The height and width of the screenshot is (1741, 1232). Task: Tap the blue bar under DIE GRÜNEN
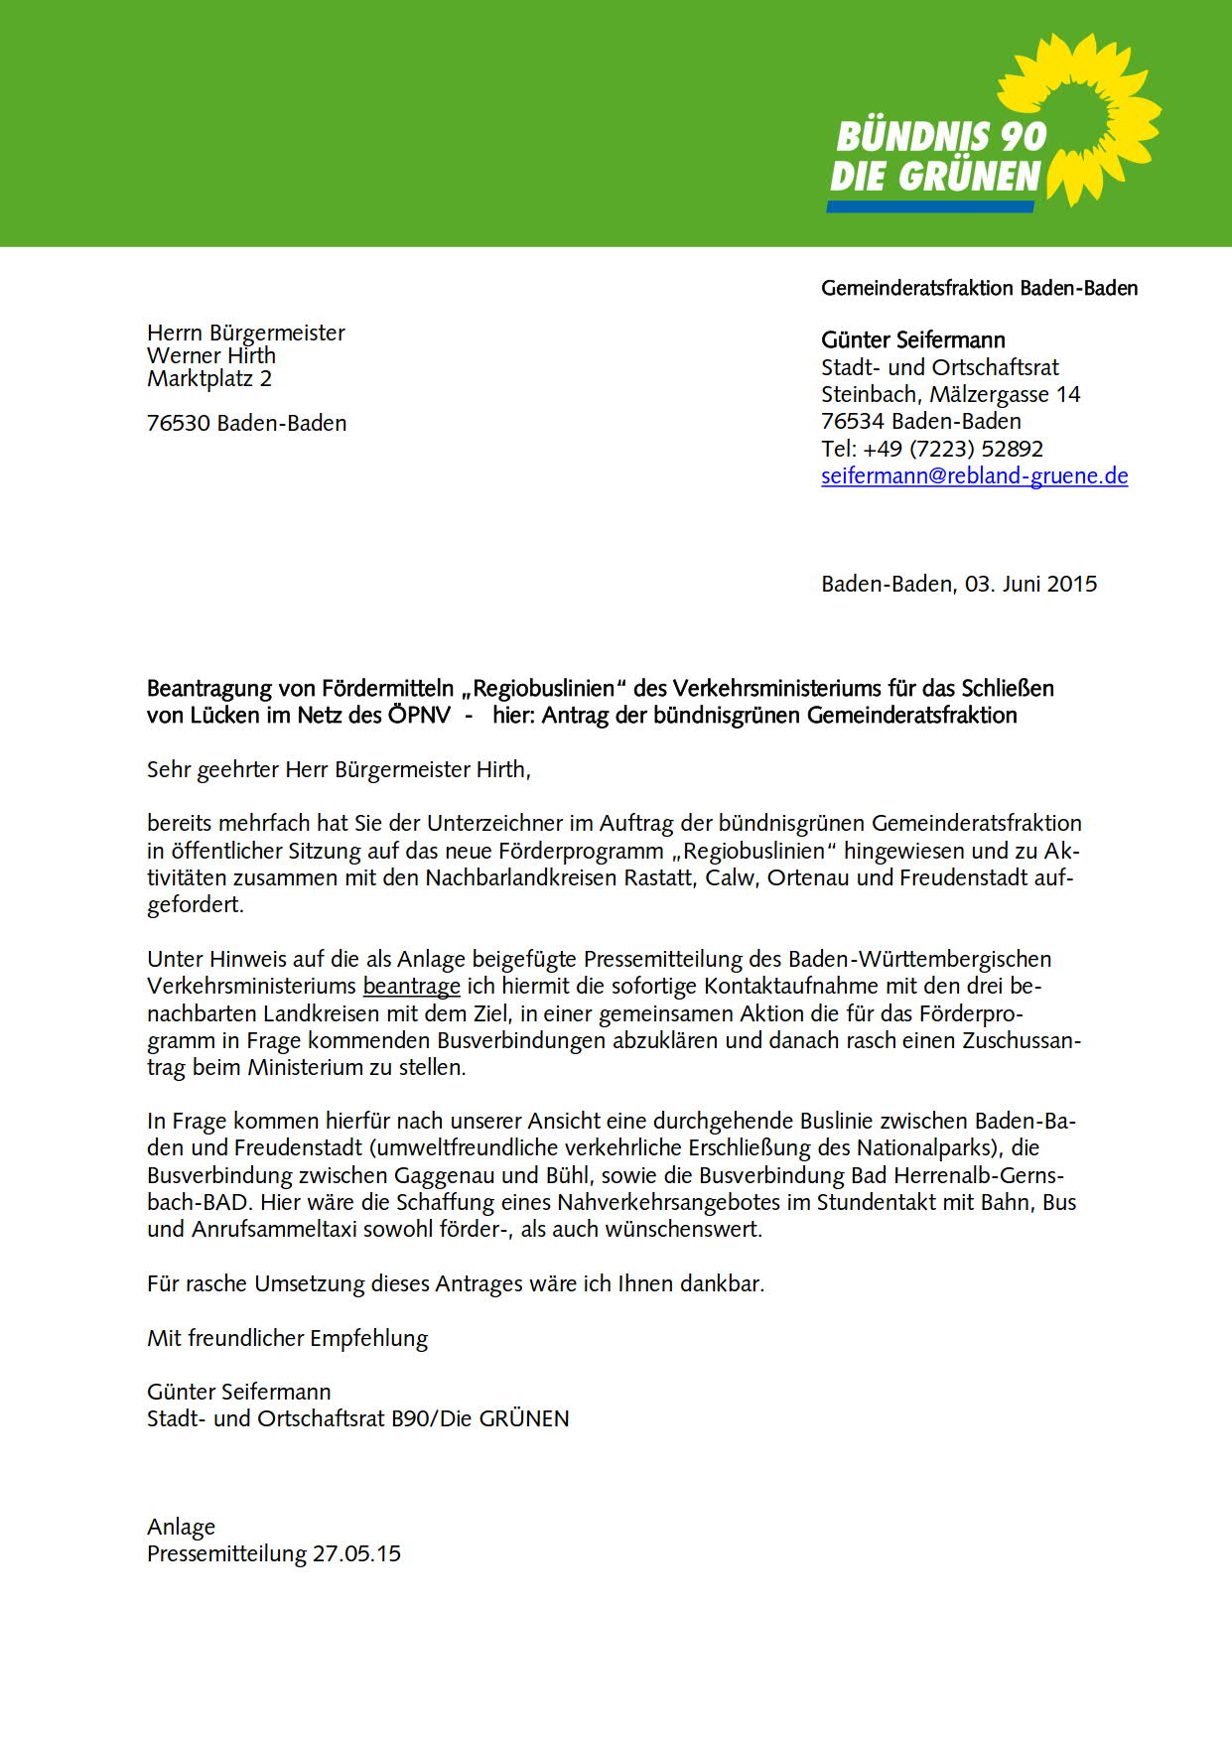[x=930, y=206]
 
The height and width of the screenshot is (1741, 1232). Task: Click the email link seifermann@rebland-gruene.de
[x=974, y=475]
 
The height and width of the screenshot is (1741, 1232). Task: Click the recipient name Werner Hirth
[x=211, y=355]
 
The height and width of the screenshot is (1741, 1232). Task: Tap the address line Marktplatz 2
[x=209, y=378]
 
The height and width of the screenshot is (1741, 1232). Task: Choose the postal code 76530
[x=179, y=423]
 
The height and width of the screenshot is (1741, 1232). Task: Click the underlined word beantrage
[x=411, y=987]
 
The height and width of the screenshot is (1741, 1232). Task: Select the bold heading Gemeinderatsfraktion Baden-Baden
[x=979, y=288]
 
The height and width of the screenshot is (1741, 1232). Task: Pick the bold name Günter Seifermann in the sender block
[x=913, y=340]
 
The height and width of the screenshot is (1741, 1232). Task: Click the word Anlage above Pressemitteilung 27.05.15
[x=181, y=1527]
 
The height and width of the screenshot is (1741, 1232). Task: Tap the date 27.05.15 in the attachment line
[x=356, y=1553]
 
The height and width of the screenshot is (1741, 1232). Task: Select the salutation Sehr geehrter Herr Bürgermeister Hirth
[x=339, y=769]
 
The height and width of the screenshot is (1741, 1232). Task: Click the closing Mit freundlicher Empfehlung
[x=287, y=1338]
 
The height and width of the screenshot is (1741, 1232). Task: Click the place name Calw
[x=730, y=878]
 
